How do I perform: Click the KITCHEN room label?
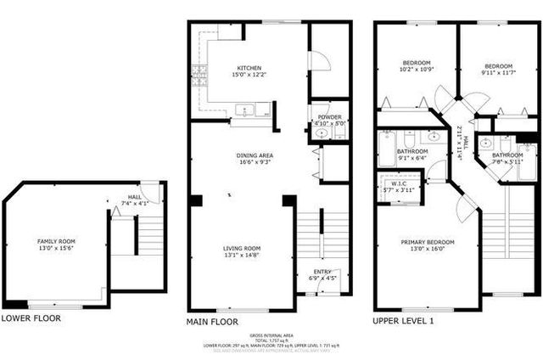[249, 68]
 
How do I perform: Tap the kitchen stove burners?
[200, 76]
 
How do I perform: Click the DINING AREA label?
[254, 155]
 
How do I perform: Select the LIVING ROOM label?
[242, 249]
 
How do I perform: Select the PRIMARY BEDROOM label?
[428, 242]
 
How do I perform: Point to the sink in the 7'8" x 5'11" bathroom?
[485, 144]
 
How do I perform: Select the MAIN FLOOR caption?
[212, 323]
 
